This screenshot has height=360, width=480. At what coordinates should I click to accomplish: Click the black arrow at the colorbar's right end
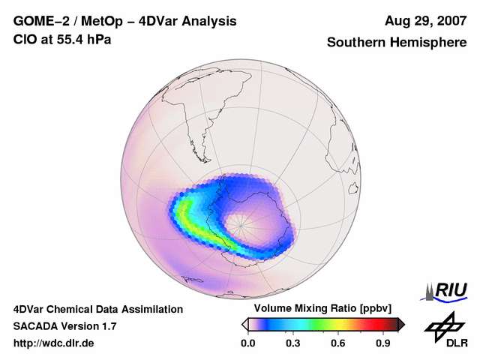tap(400, 324)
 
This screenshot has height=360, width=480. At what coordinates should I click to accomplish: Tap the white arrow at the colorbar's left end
tap(244, 324)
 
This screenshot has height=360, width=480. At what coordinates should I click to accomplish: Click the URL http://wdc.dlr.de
tap(54, 343)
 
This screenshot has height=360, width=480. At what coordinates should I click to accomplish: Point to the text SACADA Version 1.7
tap(64, 326)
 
